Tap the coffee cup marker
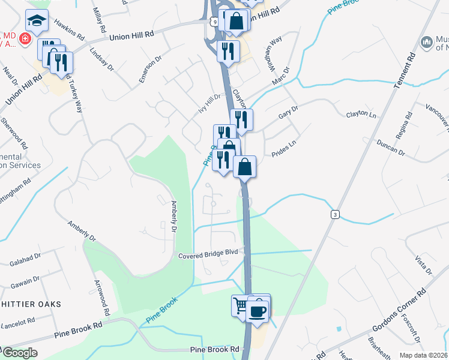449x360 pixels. pyautogui.click(x=258, y=311)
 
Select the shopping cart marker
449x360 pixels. pyautogui.click(x=241, y=306)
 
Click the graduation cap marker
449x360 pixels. pyautogui.click(x=37, y=22)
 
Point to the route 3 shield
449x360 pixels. pyautogui.click(x=334, y=214)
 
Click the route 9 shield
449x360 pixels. pyautogui.click(x=214, y=21)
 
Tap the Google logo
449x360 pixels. pyautogui.click(x=19, y=353)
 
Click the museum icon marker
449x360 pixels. pyautogui.click(x=427, y=41)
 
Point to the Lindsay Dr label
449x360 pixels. pyautogui.click(x=101, y=58)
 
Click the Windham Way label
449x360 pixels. pyautogui.click(x=273, y=54)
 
